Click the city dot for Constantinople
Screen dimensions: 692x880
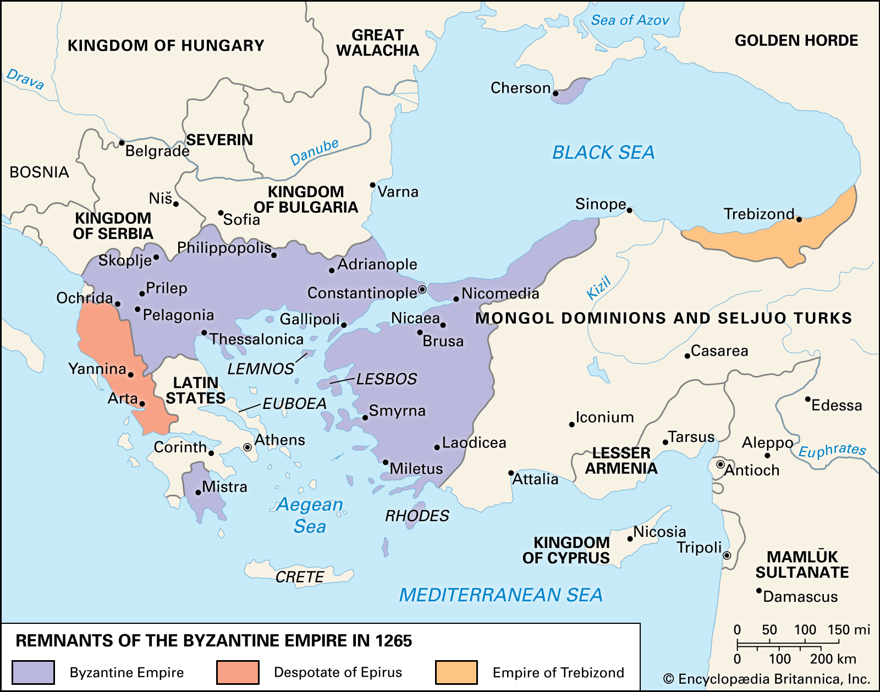[422, 290]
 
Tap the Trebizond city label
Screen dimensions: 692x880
[758, 214]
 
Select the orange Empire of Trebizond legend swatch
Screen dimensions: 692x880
[456, 672]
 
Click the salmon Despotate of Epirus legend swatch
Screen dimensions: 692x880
[238, 672]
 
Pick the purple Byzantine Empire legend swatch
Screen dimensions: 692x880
[33, 672]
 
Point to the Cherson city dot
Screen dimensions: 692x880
[555, 93]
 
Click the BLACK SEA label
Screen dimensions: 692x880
[603, 152]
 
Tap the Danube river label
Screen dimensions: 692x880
[314, 152]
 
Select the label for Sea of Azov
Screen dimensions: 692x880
[630, 20]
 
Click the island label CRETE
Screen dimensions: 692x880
[300, 577]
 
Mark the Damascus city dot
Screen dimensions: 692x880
[759, 591]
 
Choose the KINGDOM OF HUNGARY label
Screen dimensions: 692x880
[166, 46]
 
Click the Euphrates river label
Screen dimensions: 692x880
[832, 451]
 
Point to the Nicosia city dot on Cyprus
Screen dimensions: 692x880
[630, 539]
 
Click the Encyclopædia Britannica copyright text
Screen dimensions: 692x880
[766, 679]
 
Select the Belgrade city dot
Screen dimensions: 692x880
[122, 143]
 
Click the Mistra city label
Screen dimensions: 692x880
[224, 487]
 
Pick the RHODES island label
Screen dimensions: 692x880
[416, 516]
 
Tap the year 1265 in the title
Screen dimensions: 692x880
[394, 641]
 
